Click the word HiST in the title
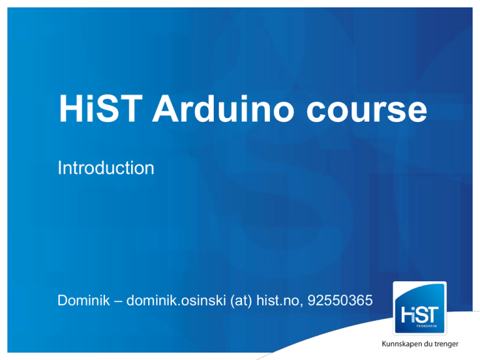click(x=101, y=108)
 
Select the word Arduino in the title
click(x=223, y=108)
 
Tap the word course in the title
click(x=366, y=112)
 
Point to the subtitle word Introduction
click(x=106, y=167)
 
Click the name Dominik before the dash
click(x=84, y=300)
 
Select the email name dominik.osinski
click(x=176, y=300)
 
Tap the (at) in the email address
click(x=241, y=301)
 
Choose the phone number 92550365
click(x=340, y=300)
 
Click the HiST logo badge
click(x=420, y=308)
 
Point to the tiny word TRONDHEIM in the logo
click(x=426, y=326)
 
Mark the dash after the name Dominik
click(x=118, y=301)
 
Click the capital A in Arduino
click(x=167, y=108)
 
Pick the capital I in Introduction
click(x=59, y=167)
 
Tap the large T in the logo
click(x=432, y=315)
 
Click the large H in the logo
click(x=407, y=315)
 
